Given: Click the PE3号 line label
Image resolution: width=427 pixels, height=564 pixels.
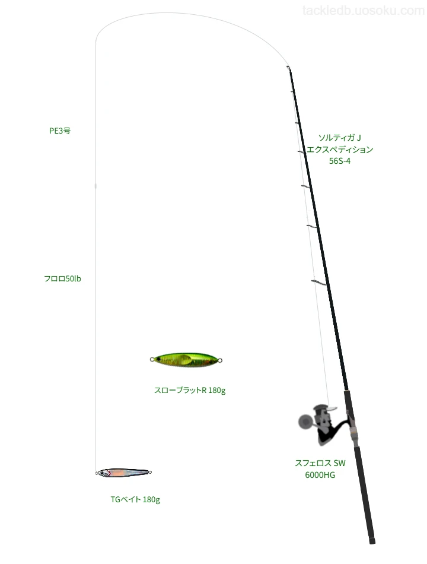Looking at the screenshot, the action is pyautogui.click(x=60, y=131).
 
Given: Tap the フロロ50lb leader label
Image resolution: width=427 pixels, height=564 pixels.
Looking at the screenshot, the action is pyautogui.click(x=62, y=279).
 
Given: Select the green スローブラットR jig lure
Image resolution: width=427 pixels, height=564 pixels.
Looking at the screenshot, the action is pyautogui.click(x=186, y=360).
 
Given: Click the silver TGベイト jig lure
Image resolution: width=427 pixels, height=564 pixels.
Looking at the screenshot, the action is pyautogui.click(x=123, y=473).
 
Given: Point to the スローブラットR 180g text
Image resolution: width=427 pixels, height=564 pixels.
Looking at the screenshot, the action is pyautogui.click(x=190, y=390).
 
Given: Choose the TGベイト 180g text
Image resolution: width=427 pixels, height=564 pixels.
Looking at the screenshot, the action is pyautogui.click(x=135, y=500).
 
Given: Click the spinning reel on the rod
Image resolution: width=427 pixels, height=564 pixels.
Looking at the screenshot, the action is pyautogui.click(x=323, y=424).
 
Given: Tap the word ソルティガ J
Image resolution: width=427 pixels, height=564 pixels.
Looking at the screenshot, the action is pyautogui.click(x=340, y=137).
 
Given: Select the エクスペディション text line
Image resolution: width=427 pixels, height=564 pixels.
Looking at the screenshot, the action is pyautogui.click(x=340, y=149).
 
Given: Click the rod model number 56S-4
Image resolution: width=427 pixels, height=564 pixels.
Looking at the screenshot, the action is pyautogui.click(x=340, y=161).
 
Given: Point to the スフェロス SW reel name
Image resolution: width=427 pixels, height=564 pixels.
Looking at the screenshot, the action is pyautogui.click(x=320, y=463).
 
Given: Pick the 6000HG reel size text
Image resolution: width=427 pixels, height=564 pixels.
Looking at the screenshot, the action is pyautogui.click(x=320, y=475).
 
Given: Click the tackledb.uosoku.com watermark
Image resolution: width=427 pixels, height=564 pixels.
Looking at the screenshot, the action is pyautogui.click(x=364, y=11).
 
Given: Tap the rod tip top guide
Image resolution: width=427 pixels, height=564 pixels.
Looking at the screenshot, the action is pyautogui.click(x=288, y=67).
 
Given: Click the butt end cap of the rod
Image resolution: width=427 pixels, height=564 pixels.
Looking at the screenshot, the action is pyautogui.click(x=372, y=541).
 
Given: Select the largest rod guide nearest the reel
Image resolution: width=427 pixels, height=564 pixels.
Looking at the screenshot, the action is pyautogui.click(x=318, y=283).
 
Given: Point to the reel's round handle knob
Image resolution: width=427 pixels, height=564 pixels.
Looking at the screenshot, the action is pyautogui.click(x=305, y=422).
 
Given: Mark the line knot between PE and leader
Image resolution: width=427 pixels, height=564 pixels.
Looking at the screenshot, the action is pyautogui.click(x=95, y=186).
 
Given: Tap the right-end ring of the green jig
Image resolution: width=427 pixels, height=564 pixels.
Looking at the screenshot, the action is pyautogui.click(x=221, y=360).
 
